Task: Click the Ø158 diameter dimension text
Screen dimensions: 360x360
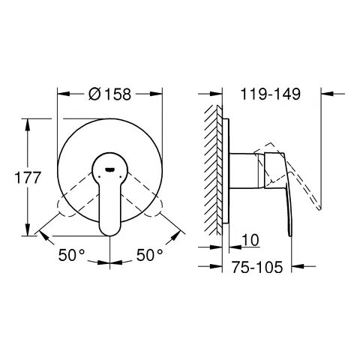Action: [110, 95]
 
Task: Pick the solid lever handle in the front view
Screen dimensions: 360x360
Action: [110, 199]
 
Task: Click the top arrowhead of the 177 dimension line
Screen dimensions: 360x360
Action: [29, 120]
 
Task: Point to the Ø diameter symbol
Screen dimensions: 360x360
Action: [94, 95]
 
